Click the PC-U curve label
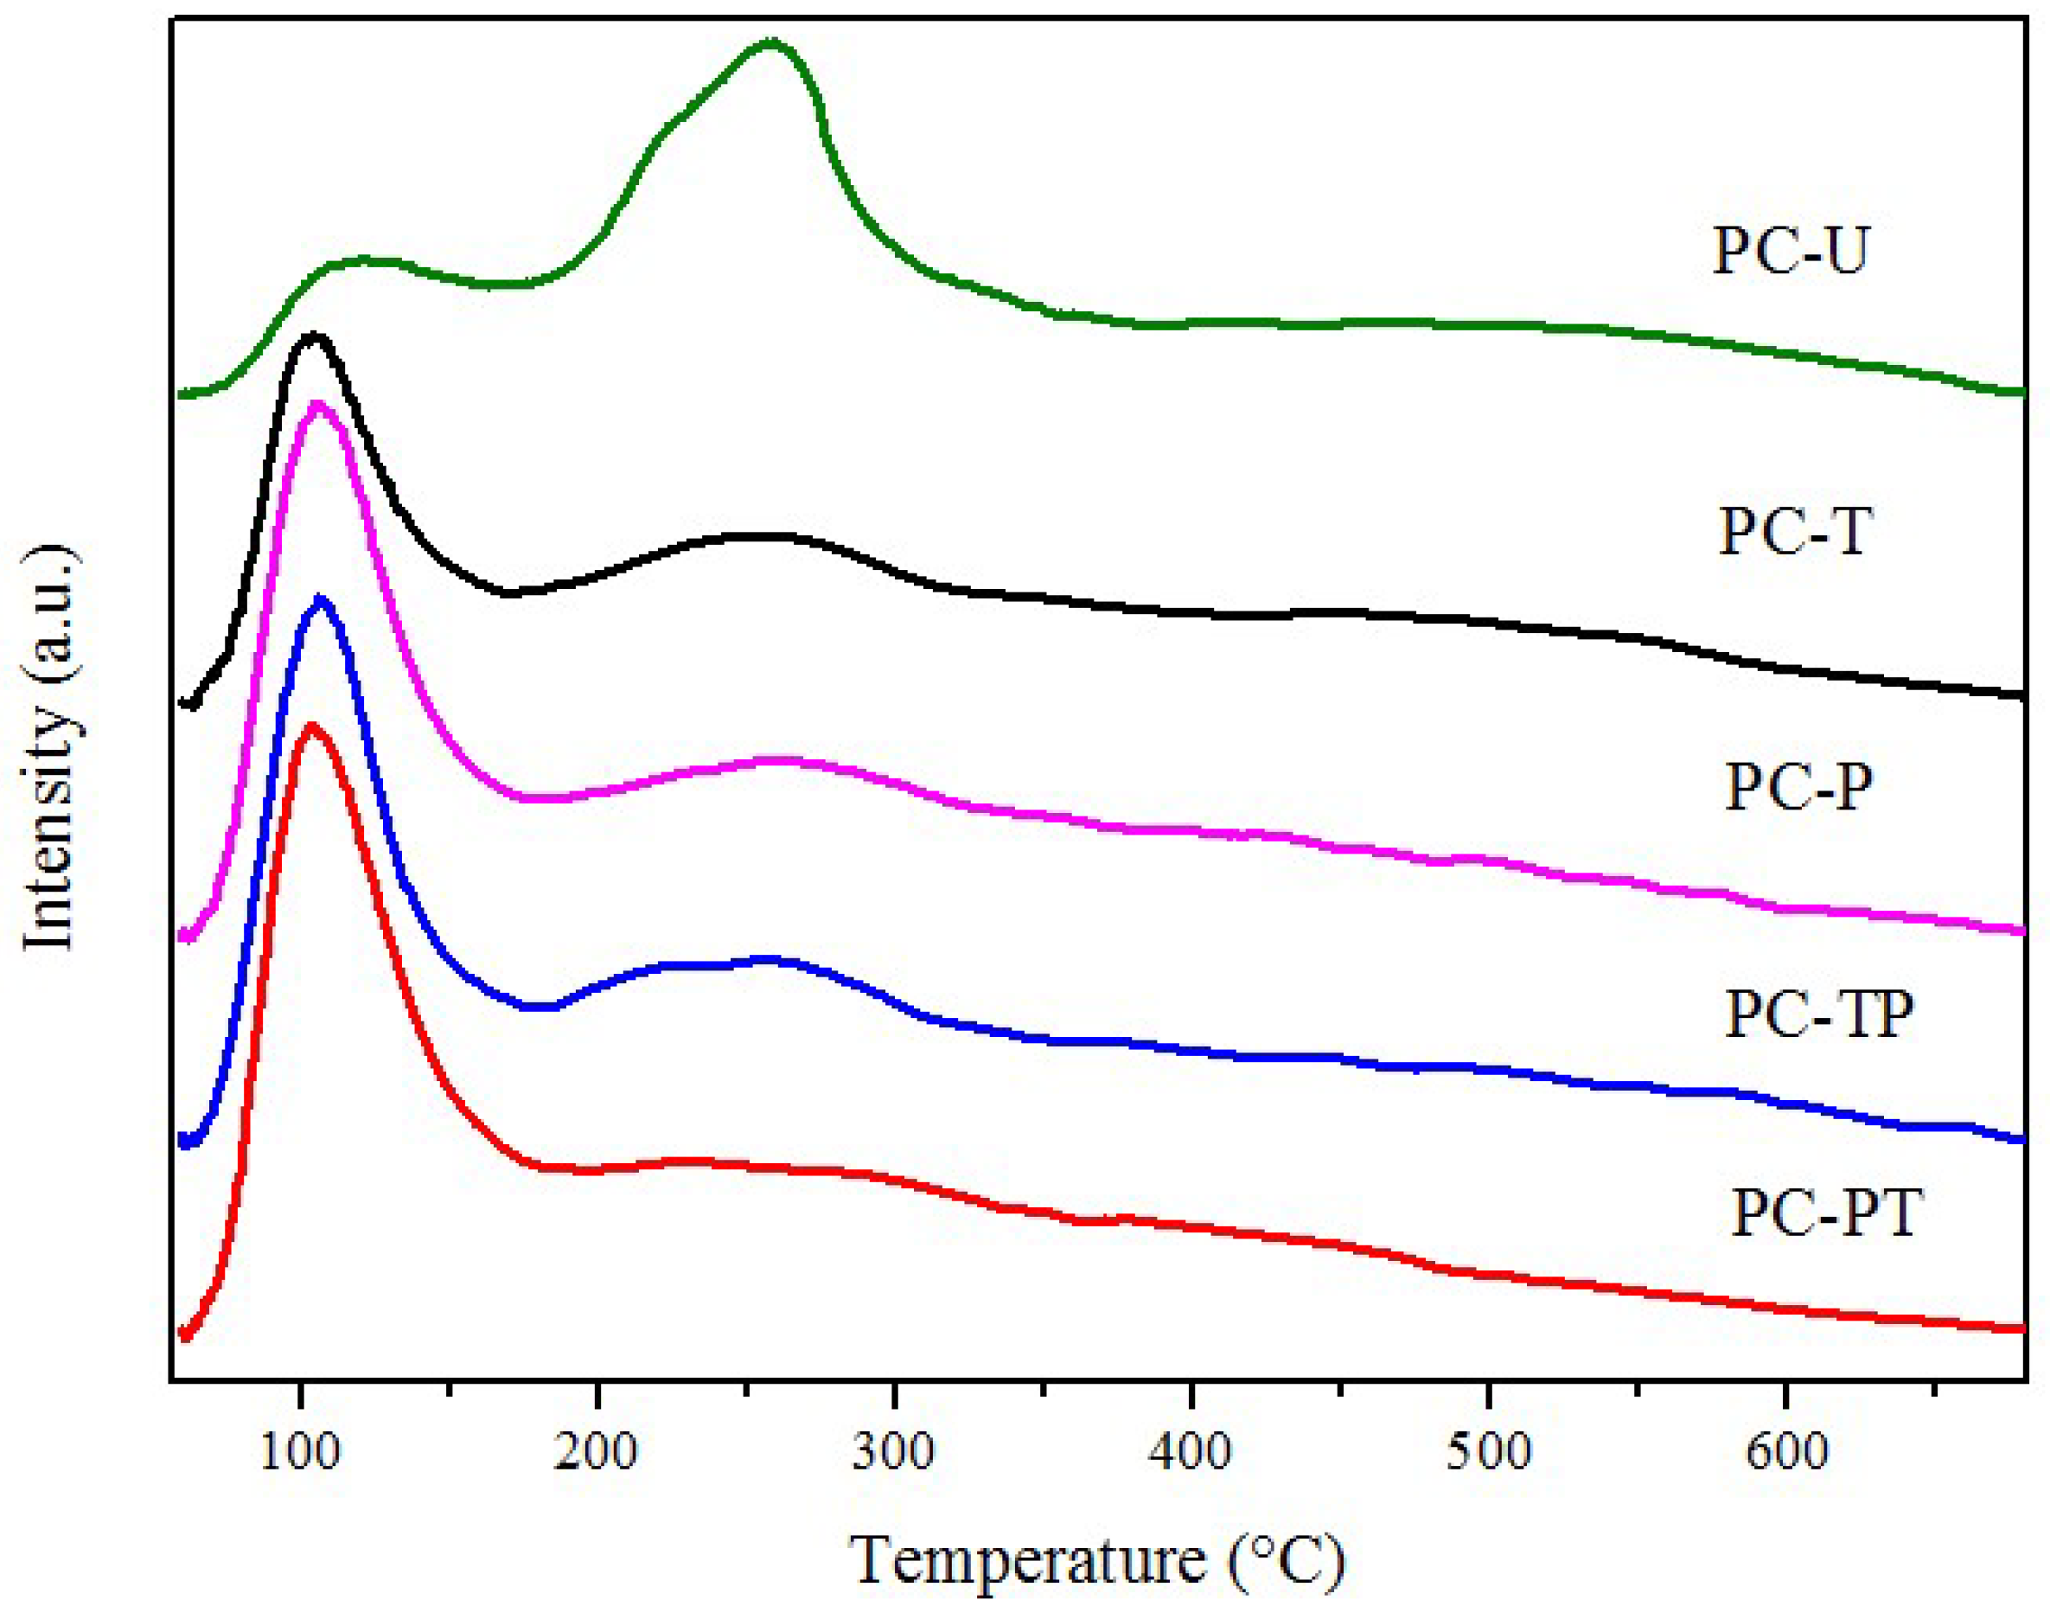(x=1791, y=251)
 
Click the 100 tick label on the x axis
(x=300, y=1452)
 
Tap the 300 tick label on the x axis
(x=894, y=1452)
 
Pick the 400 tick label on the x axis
(x=1191, y=1452)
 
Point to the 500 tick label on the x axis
(x=1489, y=1452)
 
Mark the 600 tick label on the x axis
(x=1786, y=1452)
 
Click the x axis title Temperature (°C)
(x=1097, y=1559)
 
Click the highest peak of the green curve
(x=772, y=42)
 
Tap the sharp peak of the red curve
(x=310, y=727)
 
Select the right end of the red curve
(x=2021, y=1329)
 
